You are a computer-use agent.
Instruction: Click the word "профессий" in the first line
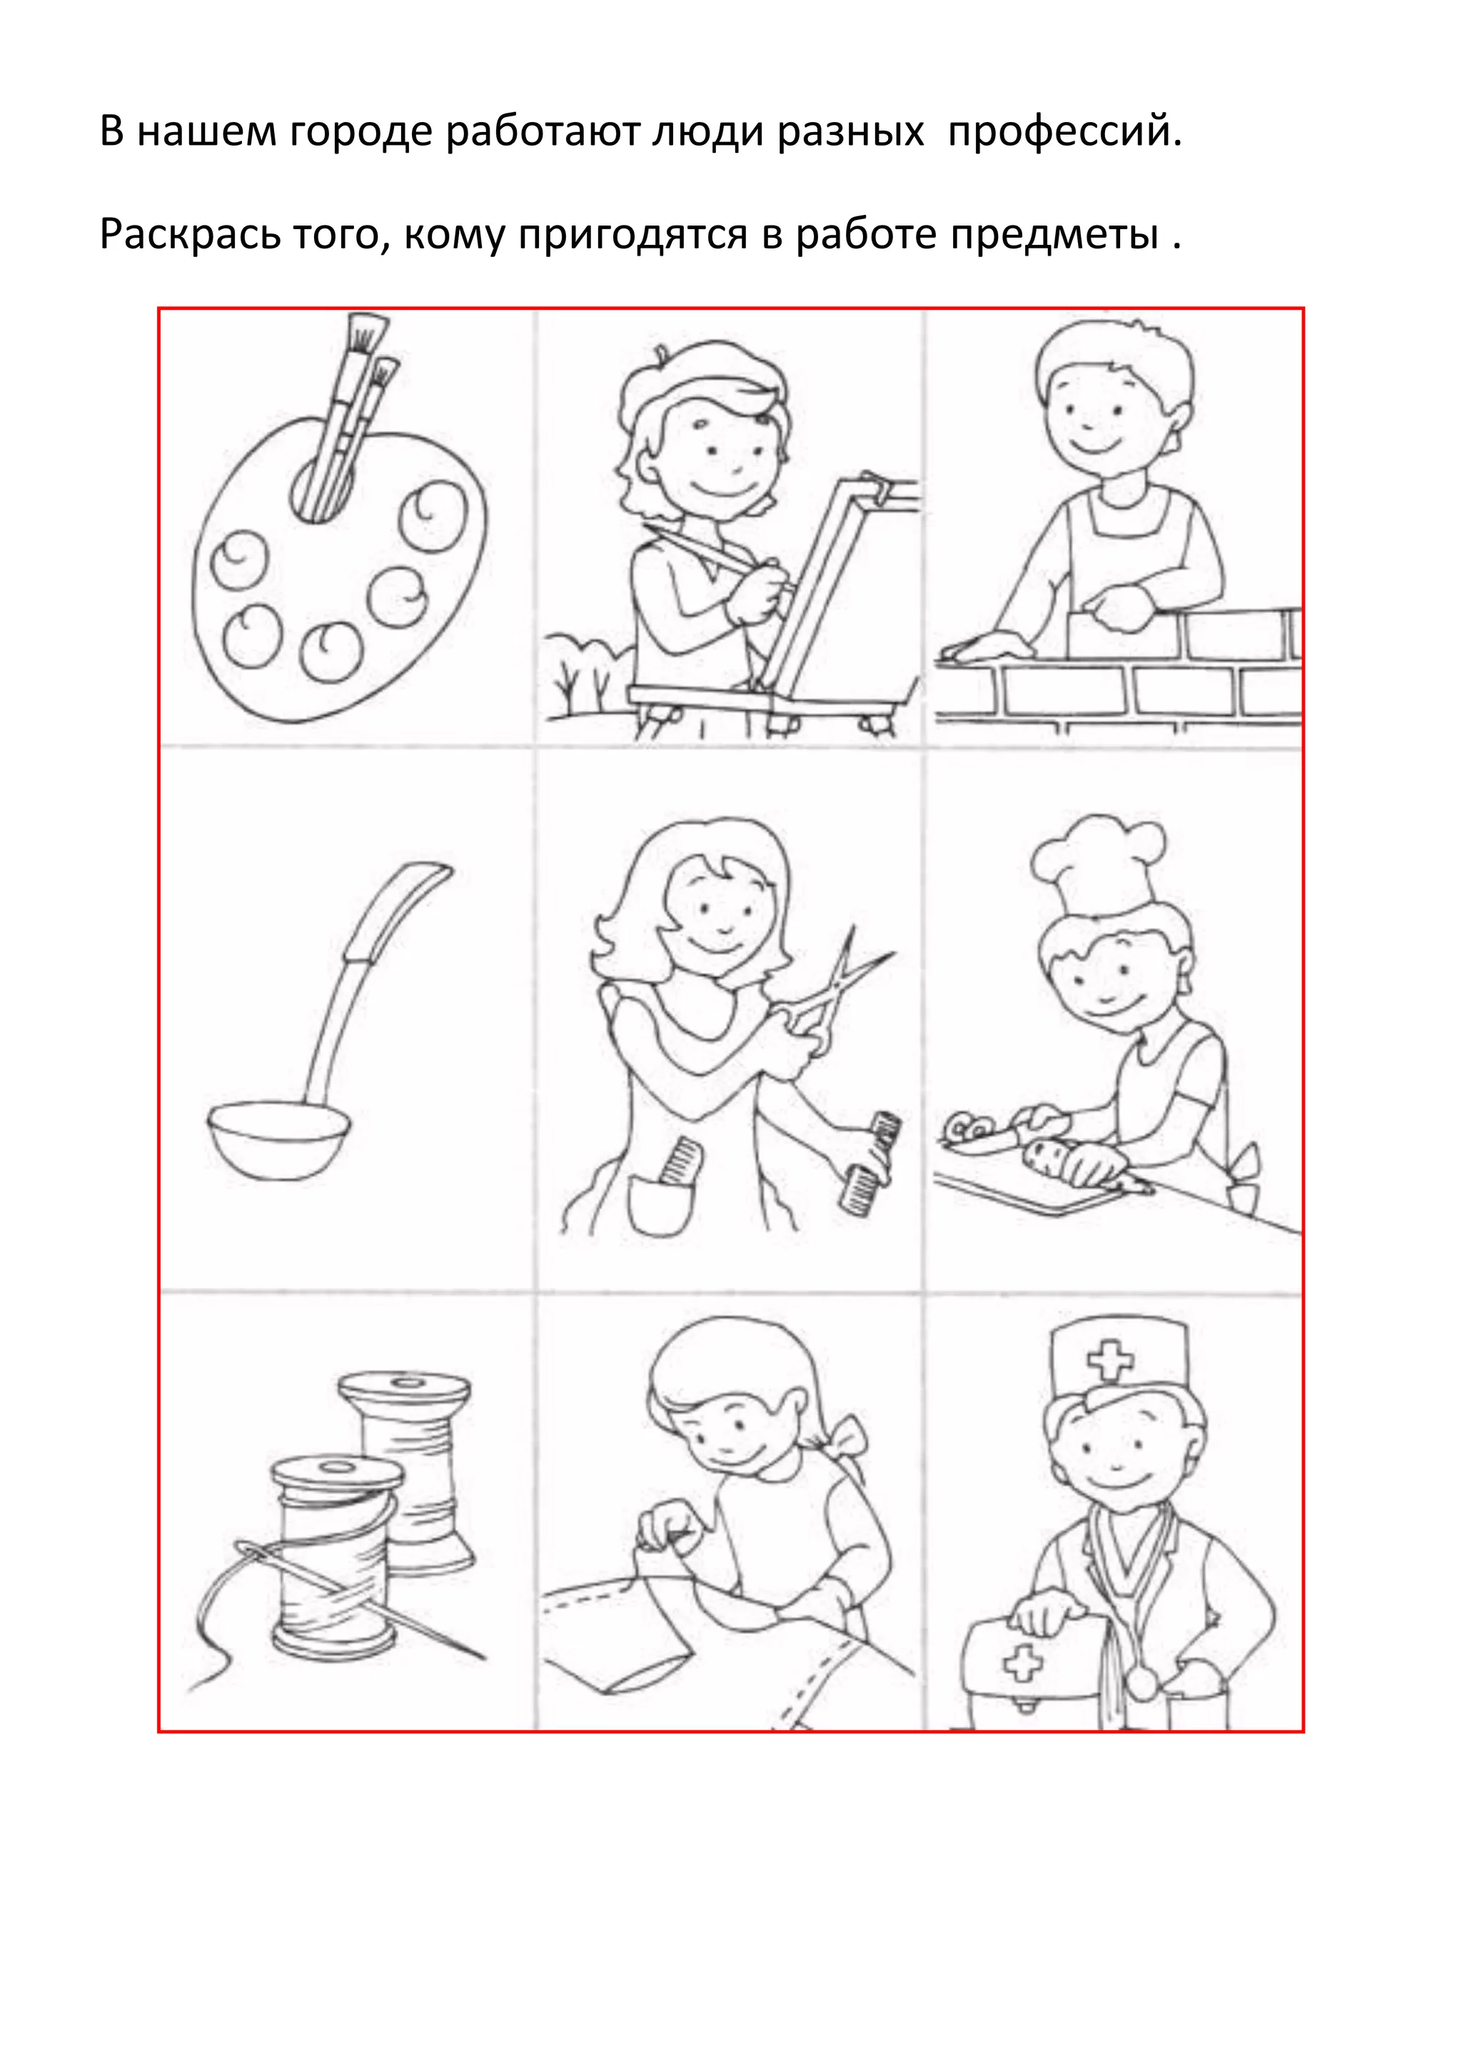(x=1064, y=132)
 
